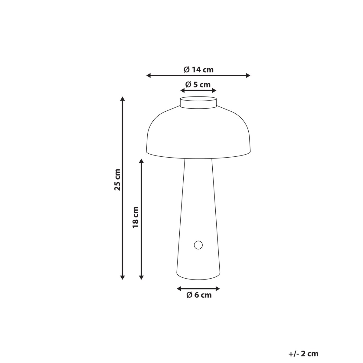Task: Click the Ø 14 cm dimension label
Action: click(198, 70)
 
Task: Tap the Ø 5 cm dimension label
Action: click(198, 85)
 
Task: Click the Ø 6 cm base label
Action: click(198, 295)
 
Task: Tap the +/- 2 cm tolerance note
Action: click(303, 354)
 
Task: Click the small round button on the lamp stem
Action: click(198, 245)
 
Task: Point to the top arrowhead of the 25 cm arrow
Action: click(122, 99)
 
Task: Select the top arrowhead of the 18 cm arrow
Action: click(141, 161)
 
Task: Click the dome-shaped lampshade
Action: click(198, 133)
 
